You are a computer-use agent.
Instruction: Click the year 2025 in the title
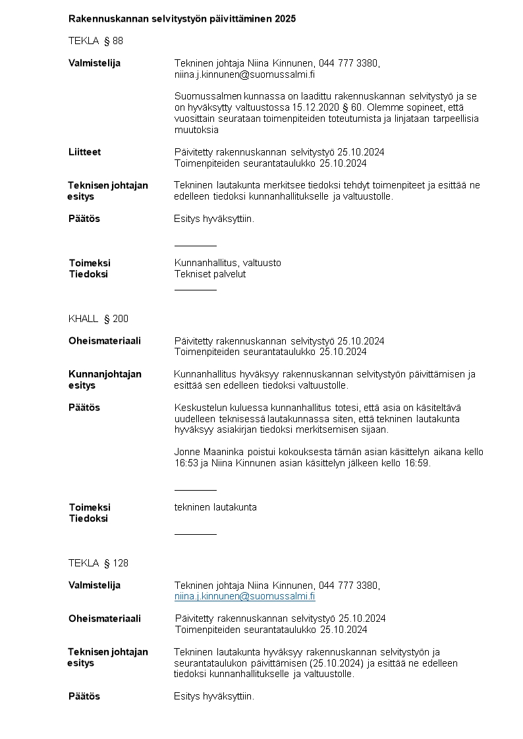285,19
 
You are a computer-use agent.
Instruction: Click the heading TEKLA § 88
96,41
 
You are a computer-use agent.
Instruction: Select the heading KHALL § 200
98,319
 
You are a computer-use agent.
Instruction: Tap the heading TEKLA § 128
98,563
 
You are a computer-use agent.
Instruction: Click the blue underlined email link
244,596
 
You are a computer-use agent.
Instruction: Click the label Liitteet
85,152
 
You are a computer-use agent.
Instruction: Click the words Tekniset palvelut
209,274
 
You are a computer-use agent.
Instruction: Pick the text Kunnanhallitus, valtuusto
227,263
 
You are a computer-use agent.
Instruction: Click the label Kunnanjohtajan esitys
105,379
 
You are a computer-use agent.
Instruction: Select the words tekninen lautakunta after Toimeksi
215,507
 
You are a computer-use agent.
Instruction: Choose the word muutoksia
196,130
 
